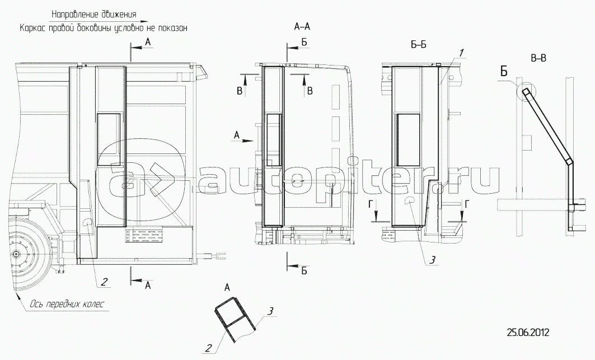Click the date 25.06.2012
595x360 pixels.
(527, 333)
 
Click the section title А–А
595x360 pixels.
(302, 26)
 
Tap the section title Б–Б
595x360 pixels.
(419, 45)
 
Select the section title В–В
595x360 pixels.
(538, 59)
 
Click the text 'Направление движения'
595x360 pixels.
(94, 15)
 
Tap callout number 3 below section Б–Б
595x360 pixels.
(432, 260)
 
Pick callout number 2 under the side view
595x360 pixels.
(104, 282)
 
